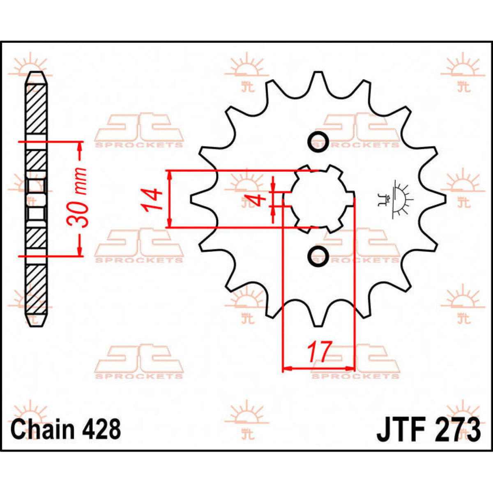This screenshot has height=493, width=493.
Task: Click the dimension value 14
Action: tap(151, 200)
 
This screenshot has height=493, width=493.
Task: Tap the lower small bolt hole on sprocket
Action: tap(318, 256)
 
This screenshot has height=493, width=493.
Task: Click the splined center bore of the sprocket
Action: tap(318, 199)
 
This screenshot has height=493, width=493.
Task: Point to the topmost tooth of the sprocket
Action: tap(317, 80)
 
